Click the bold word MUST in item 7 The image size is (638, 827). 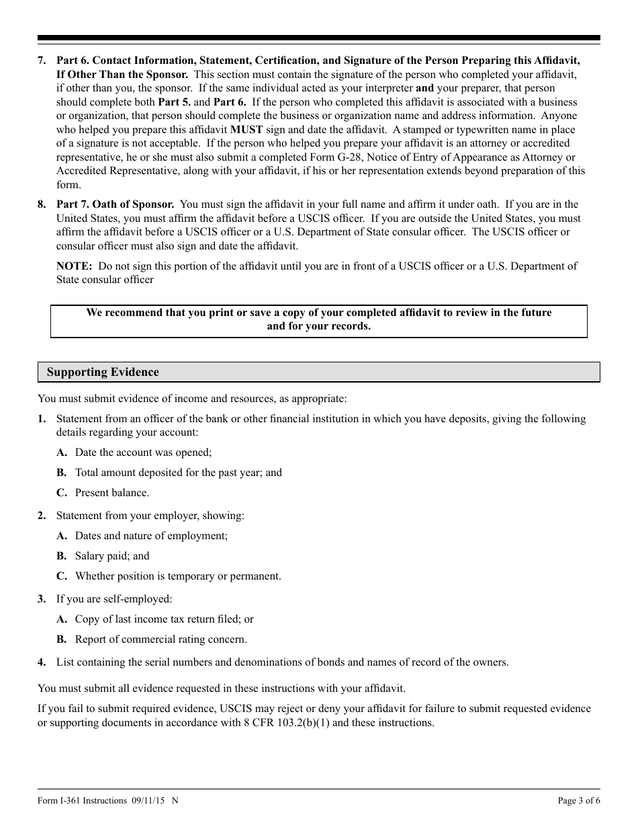(246, 130)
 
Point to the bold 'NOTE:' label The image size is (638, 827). (74, 266)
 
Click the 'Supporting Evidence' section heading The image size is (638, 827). (103, 372)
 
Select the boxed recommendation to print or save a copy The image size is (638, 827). (318, 320)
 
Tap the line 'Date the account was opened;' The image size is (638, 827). (143, 452)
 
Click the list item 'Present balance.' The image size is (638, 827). (112, 493)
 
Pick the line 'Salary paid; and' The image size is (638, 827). (112, 556)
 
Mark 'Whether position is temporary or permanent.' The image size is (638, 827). (178, 576)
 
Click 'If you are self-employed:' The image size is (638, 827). (114, 599)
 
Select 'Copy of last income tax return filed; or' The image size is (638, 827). (164, 619)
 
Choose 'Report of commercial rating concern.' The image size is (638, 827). (161, 639)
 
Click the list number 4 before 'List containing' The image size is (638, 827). (42, 662)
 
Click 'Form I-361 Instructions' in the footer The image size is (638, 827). (83, 801)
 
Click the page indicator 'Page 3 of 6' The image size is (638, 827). (579, 801)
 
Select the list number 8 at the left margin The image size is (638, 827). (42, 204)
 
